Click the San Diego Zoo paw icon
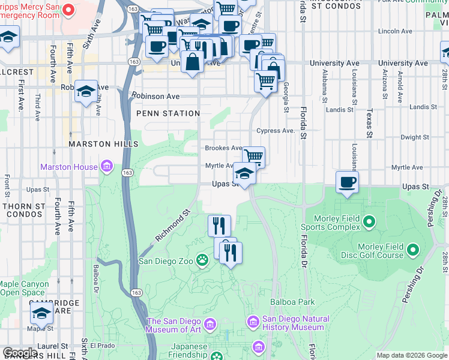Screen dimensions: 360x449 click(x=203, y=260)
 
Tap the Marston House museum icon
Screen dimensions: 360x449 click(x=107, y=166)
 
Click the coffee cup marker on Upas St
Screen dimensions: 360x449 click(x=347, y=182)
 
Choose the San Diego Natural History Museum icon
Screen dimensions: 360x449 click(x=253, y=323)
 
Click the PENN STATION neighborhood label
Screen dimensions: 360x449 click(x=168, y=113)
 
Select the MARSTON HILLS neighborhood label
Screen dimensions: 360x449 click(x=104, y=144)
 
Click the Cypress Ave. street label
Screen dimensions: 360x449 click(x=276, y=131)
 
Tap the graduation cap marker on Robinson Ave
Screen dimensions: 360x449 click(x=86, y=92)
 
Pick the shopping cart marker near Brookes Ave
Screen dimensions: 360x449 click(x=254, y=157)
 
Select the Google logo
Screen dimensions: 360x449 click(x=20, y=353)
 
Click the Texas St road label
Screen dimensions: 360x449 click(x=370, y=122)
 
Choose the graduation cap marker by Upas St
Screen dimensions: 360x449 click(x=244, y=174)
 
